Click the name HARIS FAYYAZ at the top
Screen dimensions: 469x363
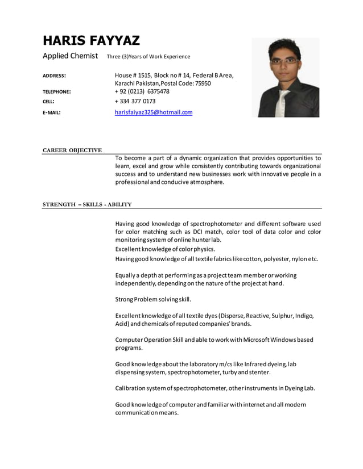91,40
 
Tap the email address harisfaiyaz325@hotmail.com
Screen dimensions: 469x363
154,112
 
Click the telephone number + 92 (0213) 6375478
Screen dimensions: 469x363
142,91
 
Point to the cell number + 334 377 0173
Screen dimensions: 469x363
135,102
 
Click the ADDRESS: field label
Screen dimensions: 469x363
55,76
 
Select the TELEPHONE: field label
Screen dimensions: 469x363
57,91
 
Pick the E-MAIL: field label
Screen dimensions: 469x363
52,112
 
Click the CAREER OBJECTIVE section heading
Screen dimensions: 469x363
72,150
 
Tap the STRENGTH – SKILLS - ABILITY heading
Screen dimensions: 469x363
87,204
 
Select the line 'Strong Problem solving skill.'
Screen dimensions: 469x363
153,299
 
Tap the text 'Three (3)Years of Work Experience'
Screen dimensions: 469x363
148,57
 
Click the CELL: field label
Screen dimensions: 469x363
48,102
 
